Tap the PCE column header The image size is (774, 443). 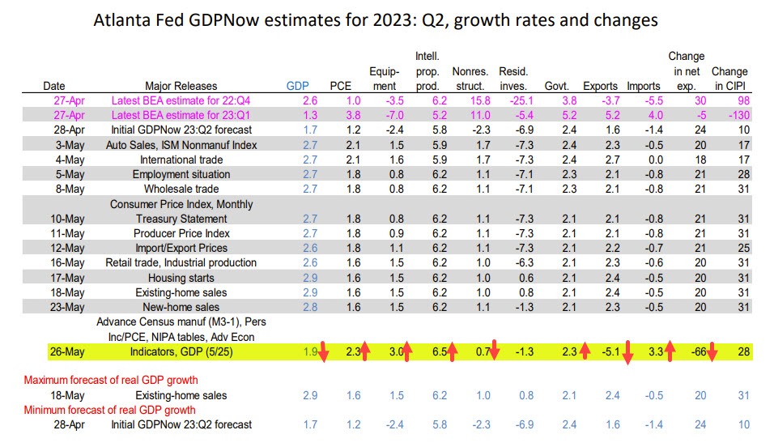tap(341, 85)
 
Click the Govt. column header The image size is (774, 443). tap(578, 85)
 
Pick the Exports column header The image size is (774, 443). tap(622, 85)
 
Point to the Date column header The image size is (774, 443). tap(54, 85)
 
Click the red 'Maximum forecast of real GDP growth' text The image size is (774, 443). tap(111, 380)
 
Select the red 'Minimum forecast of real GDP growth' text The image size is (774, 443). tap(110, 410)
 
